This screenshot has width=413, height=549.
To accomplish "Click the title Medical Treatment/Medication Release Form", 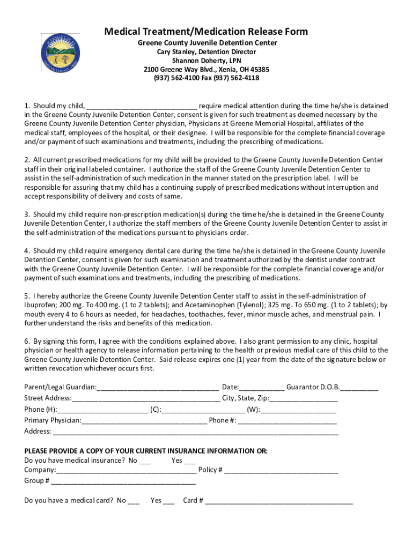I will (x=206, y=32).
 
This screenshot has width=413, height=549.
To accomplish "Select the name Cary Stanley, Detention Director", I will (x=206, y=52).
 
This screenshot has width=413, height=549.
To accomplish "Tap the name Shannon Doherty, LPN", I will (x=206, y=61).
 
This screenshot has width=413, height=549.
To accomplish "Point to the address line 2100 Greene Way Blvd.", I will (x=206, y=69).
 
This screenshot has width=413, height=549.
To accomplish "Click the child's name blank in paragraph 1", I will (x=142, y=106).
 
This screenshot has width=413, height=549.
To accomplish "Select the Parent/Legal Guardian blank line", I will (x=158, y=388).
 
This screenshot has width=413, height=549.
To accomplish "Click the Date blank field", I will (x=262, y=388).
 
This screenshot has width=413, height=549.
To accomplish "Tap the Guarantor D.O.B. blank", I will (x=359, y=388).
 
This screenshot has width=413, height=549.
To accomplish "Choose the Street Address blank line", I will (x=145, y=399).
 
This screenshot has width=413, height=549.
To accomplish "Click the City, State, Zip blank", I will (x=304, y=399).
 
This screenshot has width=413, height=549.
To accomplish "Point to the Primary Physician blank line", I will (x=144, y=421).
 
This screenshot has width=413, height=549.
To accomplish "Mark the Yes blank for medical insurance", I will (x=189, y=461).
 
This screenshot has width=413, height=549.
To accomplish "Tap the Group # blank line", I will (x=123, y=481).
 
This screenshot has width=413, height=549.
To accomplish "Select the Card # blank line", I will (x=279, y=501).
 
